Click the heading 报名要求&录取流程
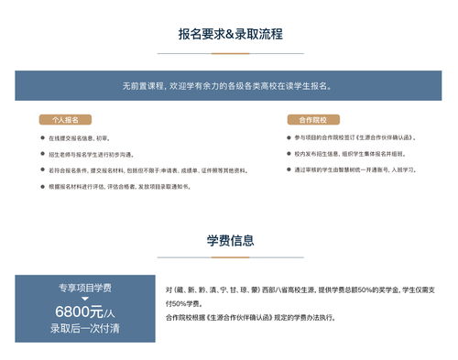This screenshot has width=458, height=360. click(230, 35)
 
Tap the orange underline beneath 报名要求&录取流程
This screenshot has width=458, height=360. click(230, 52)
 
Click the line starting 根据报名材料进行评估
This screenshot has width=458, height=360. click(120, 187)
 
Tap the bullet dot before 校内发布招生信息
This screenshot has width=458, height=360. click(287, 154)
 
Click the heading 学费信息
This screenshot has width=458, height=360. click(230, 241)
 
